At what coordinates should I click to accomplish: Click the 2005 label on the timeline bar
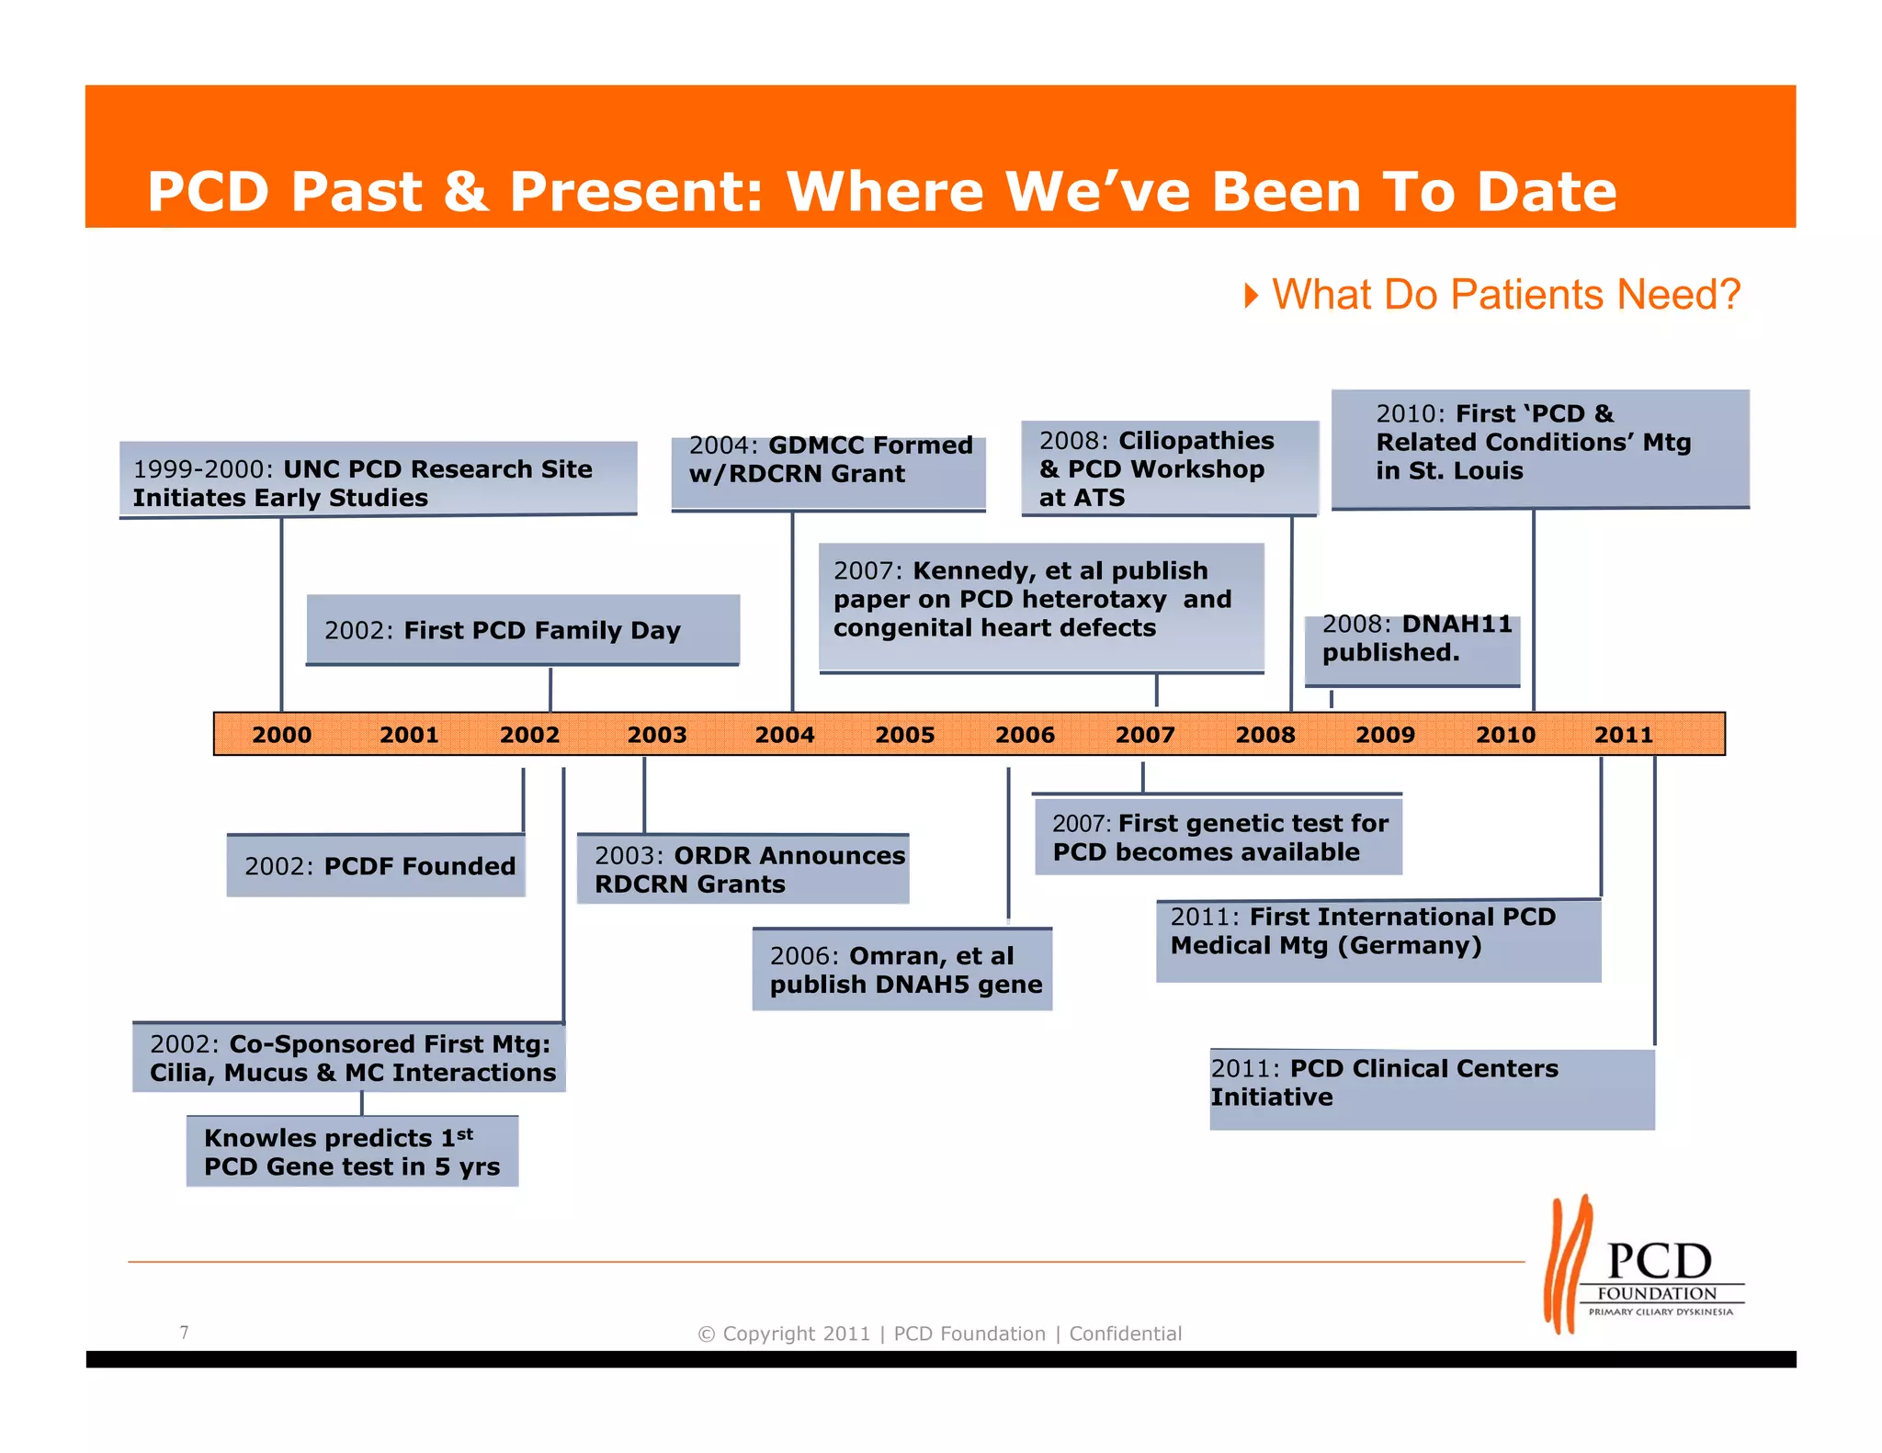904,735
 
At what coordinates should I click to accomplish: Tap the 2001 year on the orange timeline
409,735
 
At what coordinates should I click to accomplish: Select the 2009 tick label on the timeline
1385,735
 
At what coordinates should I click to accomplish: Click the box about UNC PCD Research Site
378,480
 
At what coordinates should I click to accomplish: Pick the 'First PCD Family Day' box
522,630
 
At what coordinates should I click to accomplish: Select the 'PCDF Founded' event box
376,865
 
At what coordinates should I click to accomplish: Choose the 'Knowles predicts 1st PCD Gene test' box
352,1152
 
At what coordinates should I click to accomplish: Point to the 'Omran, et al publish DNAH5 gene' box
901,970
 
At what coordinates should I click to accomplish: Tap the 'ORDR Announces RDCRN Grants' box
743,869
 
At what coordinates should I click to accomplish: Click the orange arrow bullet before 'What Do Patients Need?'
1251,296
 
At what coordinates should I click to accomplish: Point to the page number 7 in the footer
185,1332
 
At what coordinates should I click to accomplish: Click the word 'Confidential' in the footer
1125,1334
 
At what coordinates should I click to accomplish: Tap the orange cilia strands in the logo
1566,1263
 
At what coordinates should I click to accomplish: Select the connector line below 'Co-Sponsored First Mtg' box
362,1103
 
